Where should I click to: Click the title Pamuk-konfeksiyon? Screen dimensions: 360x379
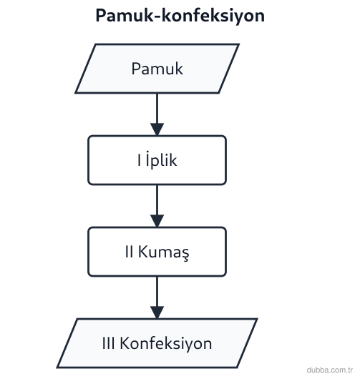tap(180, 16)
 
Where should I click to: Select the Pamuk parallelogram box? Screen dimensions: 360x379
tap(157, 69)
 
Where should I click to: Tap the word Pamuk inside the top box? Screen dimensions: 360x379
tap(157, 69)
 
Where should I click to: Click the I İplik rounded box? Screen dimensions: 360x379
tap(157, 160)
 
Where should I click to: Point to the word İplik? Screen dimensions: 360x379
tap(161, 159)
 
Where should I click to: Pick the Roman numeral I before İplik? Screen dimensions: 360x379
tap(139, 160)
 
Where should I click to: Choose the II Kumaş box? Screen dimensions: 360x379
tap(157, 252)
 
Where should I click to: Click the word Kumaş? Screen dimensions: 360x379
tap(164, 252)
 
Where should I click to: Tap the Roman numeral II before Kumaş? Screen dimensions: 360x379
tap(130, 252)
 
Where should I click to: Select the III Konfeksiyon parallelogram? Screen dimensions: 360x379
tap(157, 343)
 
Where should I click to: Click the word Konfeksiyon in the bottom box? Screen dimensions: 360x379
tap(166, 343)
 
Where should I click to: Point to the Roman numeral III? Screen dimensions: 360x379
tap(108, 343)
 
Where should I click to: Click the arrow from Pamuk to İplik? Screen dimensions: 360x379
tap(157, 114)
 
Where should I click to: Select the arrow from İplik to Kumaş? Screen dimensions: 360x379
tap(157, 206)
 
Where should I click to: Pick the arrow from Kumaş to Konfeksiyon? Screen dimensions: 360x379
tap(157, 297)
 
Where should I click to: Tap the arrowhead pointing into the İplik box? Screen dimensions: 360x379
tap(157, 129)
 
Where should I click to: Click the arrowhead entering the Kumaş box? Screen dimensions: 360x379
tap(157, 220)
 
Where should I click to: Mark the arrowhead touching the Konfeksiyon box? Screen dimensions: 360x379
tap(157, 312)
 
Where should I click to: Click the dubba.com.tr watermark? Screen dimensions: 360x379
tap(330, 370)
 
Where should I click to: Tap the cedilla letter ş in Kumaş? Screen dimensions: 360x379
tap(185, 255)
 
